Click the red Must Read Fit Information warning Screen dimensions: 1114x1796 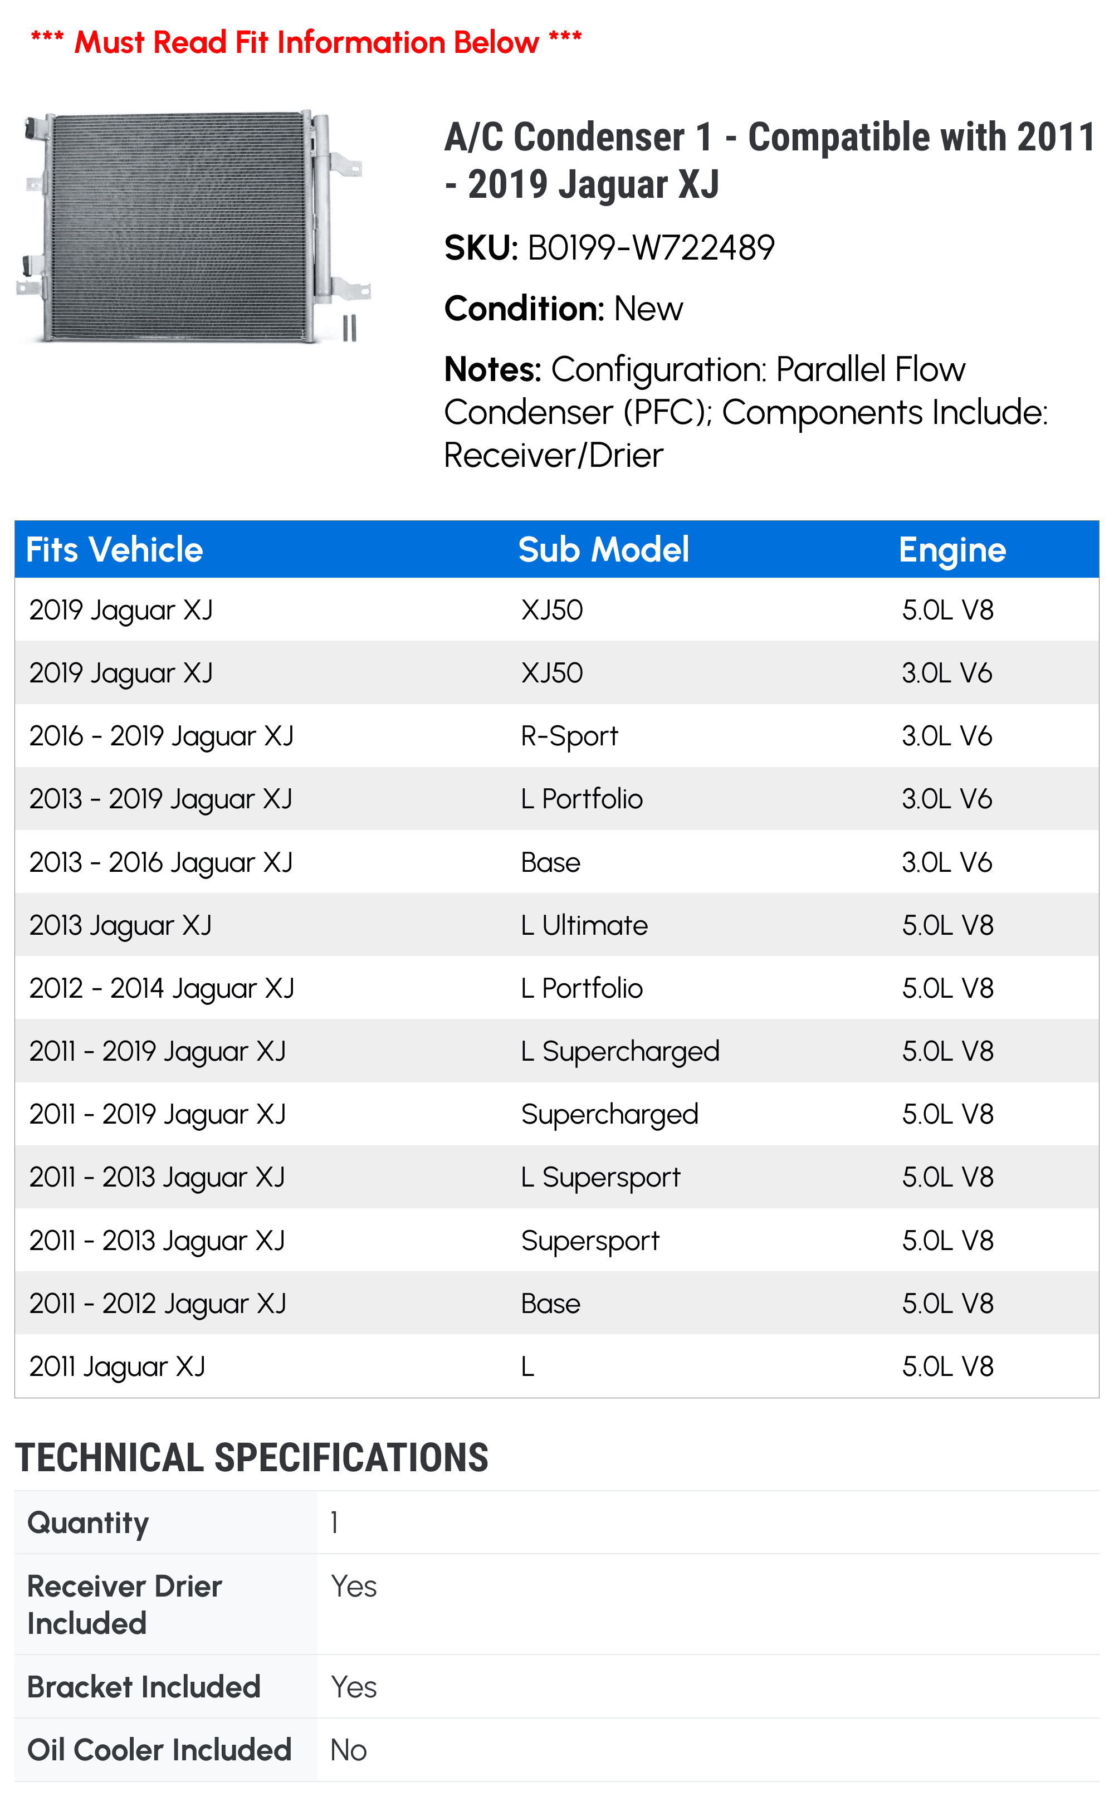coord(306,42)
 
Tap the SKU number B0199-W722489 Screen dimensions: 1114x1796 coord(651,247)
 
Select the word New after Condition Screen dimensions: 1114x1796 coord(648,309)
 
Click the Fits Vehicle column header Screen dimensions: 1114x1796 coord(114,550)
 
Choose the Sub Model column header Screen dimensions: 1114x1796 coord(603,550)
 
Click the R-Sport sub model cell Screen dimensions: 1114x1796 coord(569,736)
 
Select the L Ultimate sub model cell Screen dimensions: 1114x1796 coord(584,925)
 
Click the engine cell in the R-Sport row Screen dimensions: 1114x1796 coord(947,736)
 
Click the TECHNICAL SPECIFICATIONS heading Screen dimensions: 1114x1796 coord(251,1458)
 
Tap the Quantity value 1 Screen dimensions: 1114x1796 coord(335,1522)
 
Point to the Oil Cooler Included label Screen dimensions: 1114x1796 coord(159,1750)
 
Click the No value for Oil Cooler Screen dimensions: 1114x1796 coord(349,1750)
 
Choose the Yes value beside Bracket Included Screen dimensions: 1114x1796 coord(354,1687)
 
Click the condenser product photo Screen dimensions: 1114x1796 coord(193,226)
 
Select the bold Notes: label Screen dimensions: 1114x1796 coord(493,370)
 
